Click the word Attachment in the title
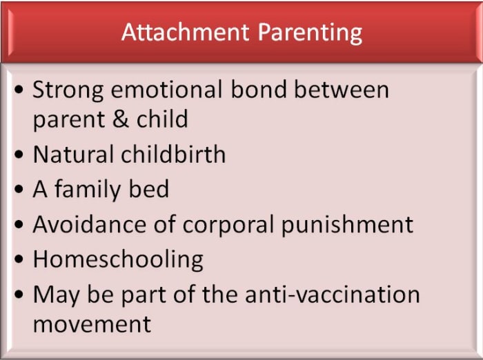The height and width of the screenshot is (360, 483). point(186,32)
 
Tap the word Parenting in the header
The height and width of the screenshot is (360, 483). point(310,34)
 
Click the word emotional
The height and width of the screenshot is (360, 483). point(166,90)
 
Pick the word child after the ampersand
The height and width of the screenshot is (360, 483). point(162,119)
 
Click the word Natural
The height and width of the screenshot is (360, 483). point(73,154)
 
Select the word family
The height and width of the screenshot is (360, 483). point(88,190)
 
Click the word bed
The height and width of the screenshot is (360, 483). point(149,188)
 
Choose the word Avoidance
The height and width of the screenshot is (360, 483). point(89,224)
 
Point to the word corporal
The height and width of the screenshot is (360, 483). point(228,224)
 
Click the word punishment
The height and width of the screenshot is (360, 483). point(347,225)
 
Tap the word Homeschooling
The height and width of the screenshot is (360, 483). point(118,260)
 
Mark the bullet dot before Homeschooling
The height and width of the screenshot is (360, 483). point(19,259)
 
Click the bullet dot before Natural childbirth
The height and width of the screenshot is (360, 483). point(19,154)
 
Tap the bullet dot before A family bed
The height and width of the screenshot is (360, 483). point(19,189)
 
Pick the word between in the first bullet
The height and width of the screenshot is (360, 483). point(342,90)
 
